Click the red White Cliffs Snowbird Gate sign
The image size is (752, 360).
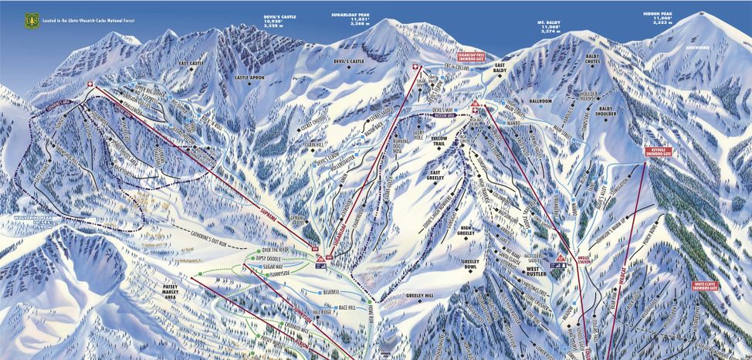tap(709, 286)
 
